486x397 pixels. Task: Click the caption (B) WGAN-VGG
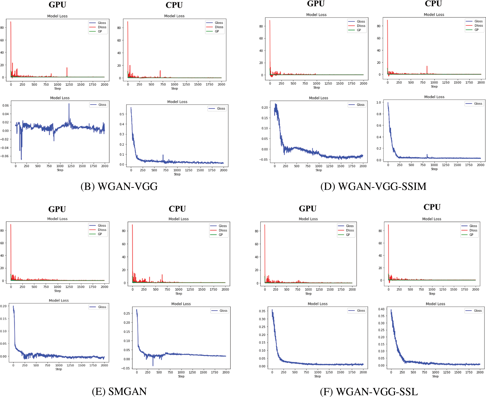pyautogui.click(x=119, y=186)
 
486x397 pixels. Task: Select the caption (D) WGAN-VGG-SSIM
pyautogui.click(x=373, y=186)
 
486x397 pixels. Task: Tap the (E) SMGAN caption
pyautogui.click(x=119, y=391)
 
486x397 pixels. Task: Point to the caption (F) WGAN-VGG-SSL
pyautogui.click(x=369, y=392)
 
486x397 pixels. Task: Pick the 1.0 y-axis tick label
pyautogui.click(x=379, y=102)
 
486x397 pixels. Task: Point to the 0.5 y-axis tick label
pyautogui.click(x=122, y=114)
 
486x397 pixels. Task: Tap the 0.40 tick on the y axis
pyautogui.click(x=381, y=309)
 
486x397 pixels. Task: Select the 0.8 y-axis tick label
pyautogui.click(x=379, y=114)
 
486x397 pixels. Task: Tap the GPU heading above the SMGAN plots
pyautogui.click(x=57, y=209)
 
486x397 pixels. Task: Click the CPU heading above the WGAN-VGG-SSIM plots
pyautogui.click(x=433, y=4)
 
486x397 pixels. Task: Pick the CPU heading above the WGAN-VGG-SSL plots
pyautogui.click(x=432, y=207)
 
